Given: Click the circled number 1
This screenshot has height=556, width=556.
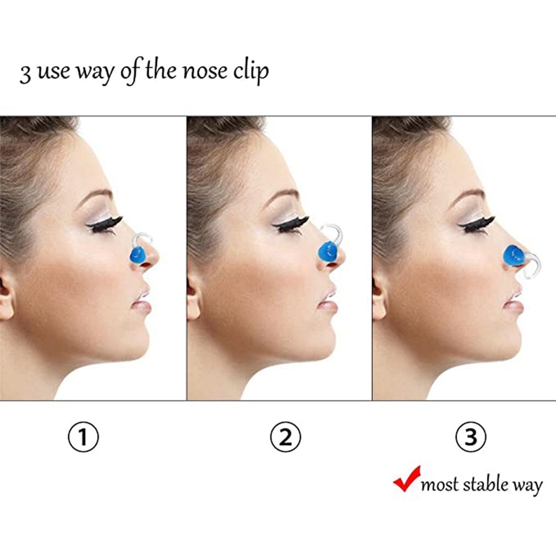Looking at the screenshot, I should click(83, 438).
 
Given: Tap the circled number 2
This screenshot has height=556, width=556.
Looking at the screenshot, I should click(285, 438).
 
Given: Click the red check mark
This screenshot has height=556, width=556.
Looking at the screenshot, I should click(407, 479).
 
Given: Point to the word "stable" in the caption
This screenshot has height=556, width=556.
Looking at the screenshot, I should click(484, 484).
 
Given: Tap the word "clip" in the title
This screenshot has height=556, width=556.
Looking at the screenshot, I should click(251, 72).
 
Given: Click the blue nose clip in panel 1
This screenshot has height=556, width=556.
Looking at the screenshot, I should click(137, 255).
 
